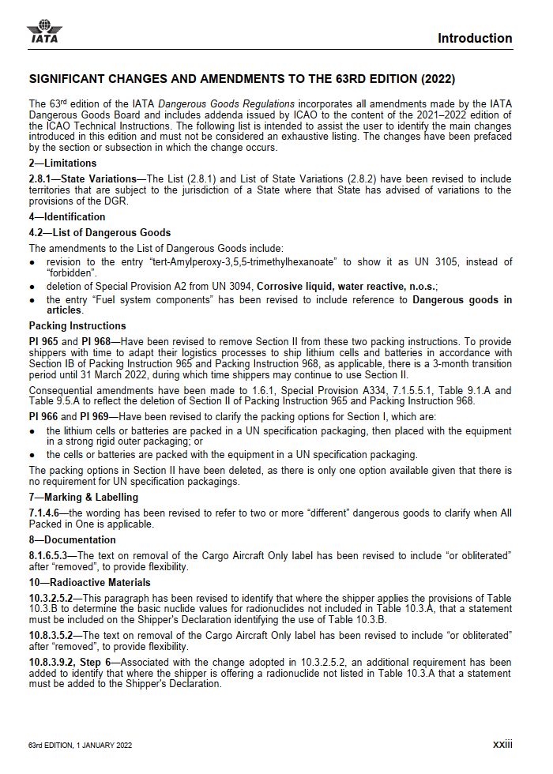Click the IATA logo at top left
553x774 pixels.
[44, 31]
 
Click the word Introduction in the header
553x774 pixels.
[475, 38]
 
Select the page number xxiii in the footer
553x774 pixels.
[502, 744]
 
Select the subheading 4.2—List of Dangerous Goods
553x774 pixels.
[100, 232]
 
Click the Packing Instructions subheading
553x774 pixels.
[77, 325]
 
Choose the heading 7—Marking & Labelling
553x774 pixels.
[84, 497]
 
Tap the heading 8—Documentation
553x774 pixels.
[72, 540]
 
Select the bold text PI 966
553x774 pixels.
[44, 417]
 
